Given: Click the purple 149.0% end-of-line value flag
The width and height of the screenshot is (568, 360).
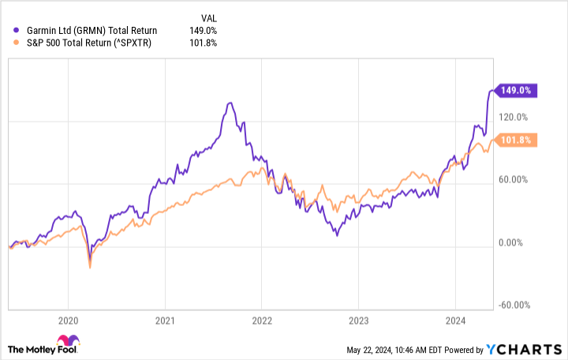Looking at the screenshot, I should pyautogui.click(x=514, y=91).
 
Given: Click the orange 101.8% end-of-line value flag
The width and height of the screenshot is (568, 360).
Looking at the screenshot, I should pyautogui.click(x=514, y=141).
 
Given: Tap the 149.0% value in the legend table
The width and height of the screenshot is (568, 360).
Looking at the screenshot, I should pyautogui.click(x=203, y=30).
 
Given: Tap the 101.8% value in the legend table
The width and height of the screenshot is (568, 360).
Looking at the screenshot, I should pyautogui.click(x=203, y=43).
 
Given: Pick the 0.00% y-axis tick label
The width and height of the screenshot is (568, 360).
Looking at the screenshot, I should pyautogui.click(x=516, y=243).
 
